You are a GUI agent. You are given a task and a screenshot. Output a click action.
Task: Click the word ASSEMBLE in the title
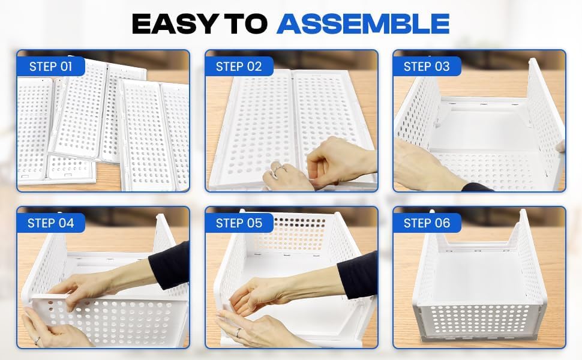coord(363,23)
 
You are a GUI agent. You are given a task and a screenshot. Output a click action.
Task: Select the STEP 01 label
coord(50,66)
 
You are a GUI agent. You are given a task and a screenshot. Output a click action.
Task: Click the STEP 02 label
coord(239,66)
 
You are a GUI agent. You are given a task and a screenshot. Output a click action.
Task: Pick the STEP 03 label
coord(426,66)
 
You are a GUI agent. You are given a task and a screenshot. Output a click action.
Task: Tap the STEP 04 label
coord(50,223)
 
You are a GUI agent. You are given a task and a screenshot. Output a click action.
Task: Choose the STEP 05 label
coord(239,223)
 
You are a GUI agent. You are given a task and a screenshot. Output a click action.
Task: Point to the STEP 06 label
coord(426,223)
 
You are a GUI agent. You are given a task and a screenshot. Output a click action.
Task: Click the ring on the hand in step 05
coord(238,332)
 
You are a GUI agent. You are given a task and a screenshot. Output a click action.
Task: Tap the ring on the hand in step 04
coord(38,340)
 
